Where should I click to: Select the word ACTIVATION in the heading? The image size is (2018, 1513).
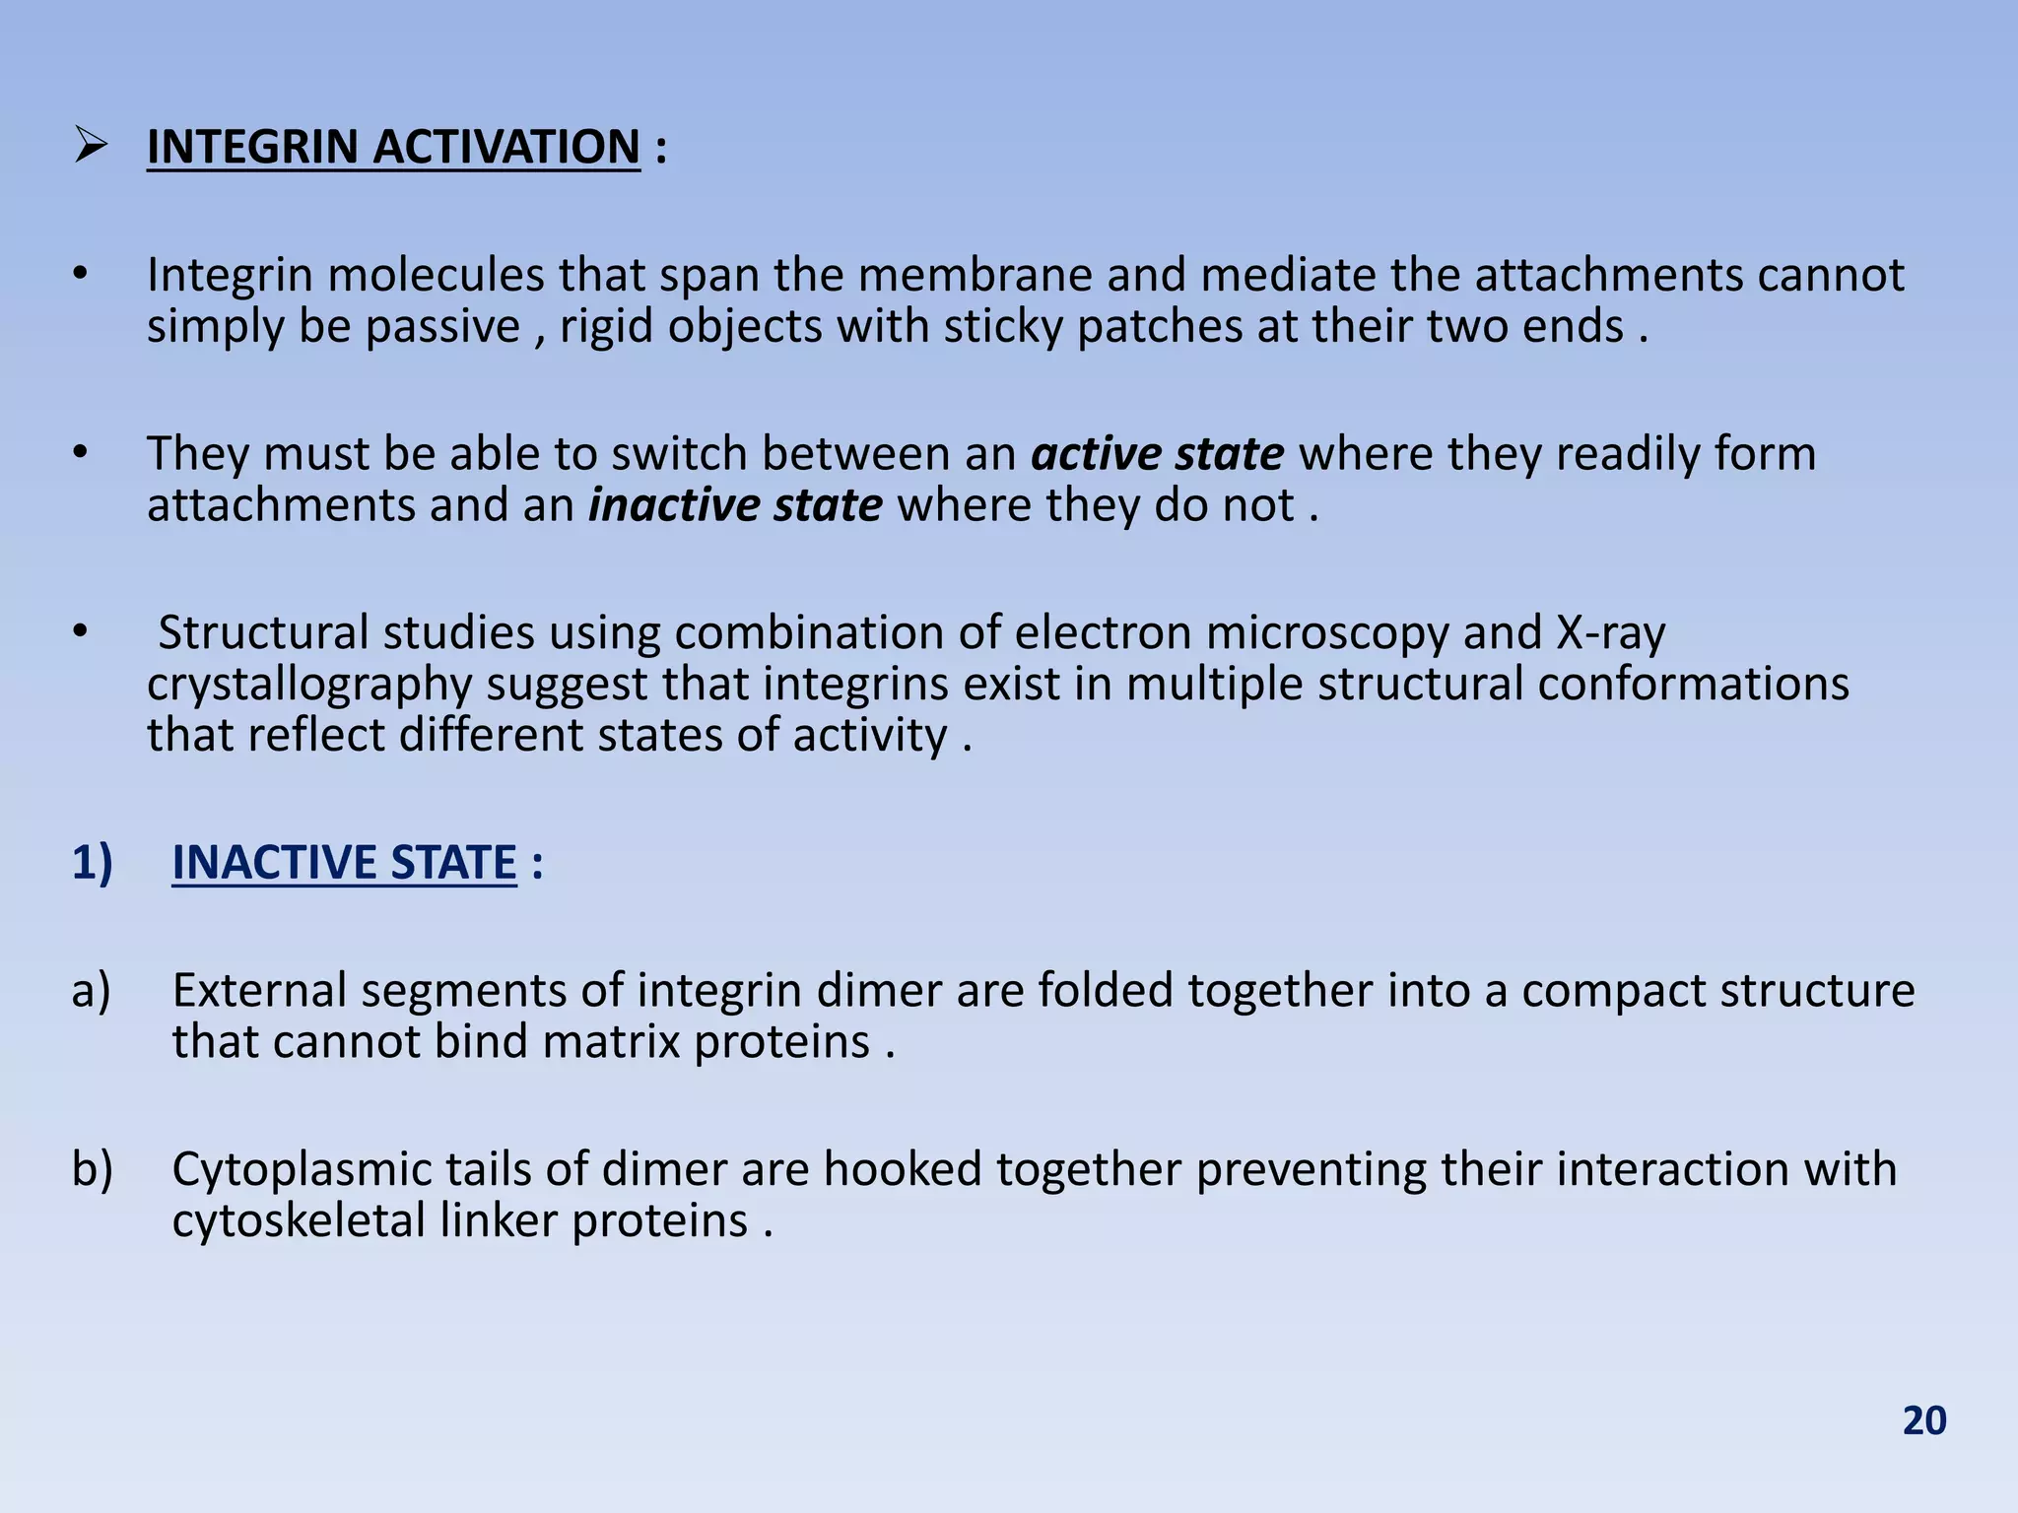click(x=506, y=148)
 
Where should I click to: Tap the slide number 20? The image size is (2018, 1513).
click(x=1923, y=1420)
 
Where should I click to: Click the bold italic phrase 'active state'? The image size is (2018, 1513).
click(x=1157, y=454)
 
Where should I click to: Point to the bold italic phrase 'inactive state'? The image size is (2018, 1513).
click(x=735, y=505)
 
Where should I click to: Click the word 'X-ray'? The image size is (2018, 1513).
click(x=1611, y=632)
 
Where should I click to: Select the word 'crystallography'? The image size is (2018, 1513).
click(x=309, y=685)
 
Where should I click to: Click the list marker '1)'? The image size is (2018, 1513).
click(x=93, y=863)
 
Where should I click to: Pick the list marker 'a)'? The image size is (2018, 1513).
click(x=91, y=991)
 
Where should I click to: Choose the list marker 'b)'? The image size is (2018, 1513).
click(x=92, y=1170)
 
